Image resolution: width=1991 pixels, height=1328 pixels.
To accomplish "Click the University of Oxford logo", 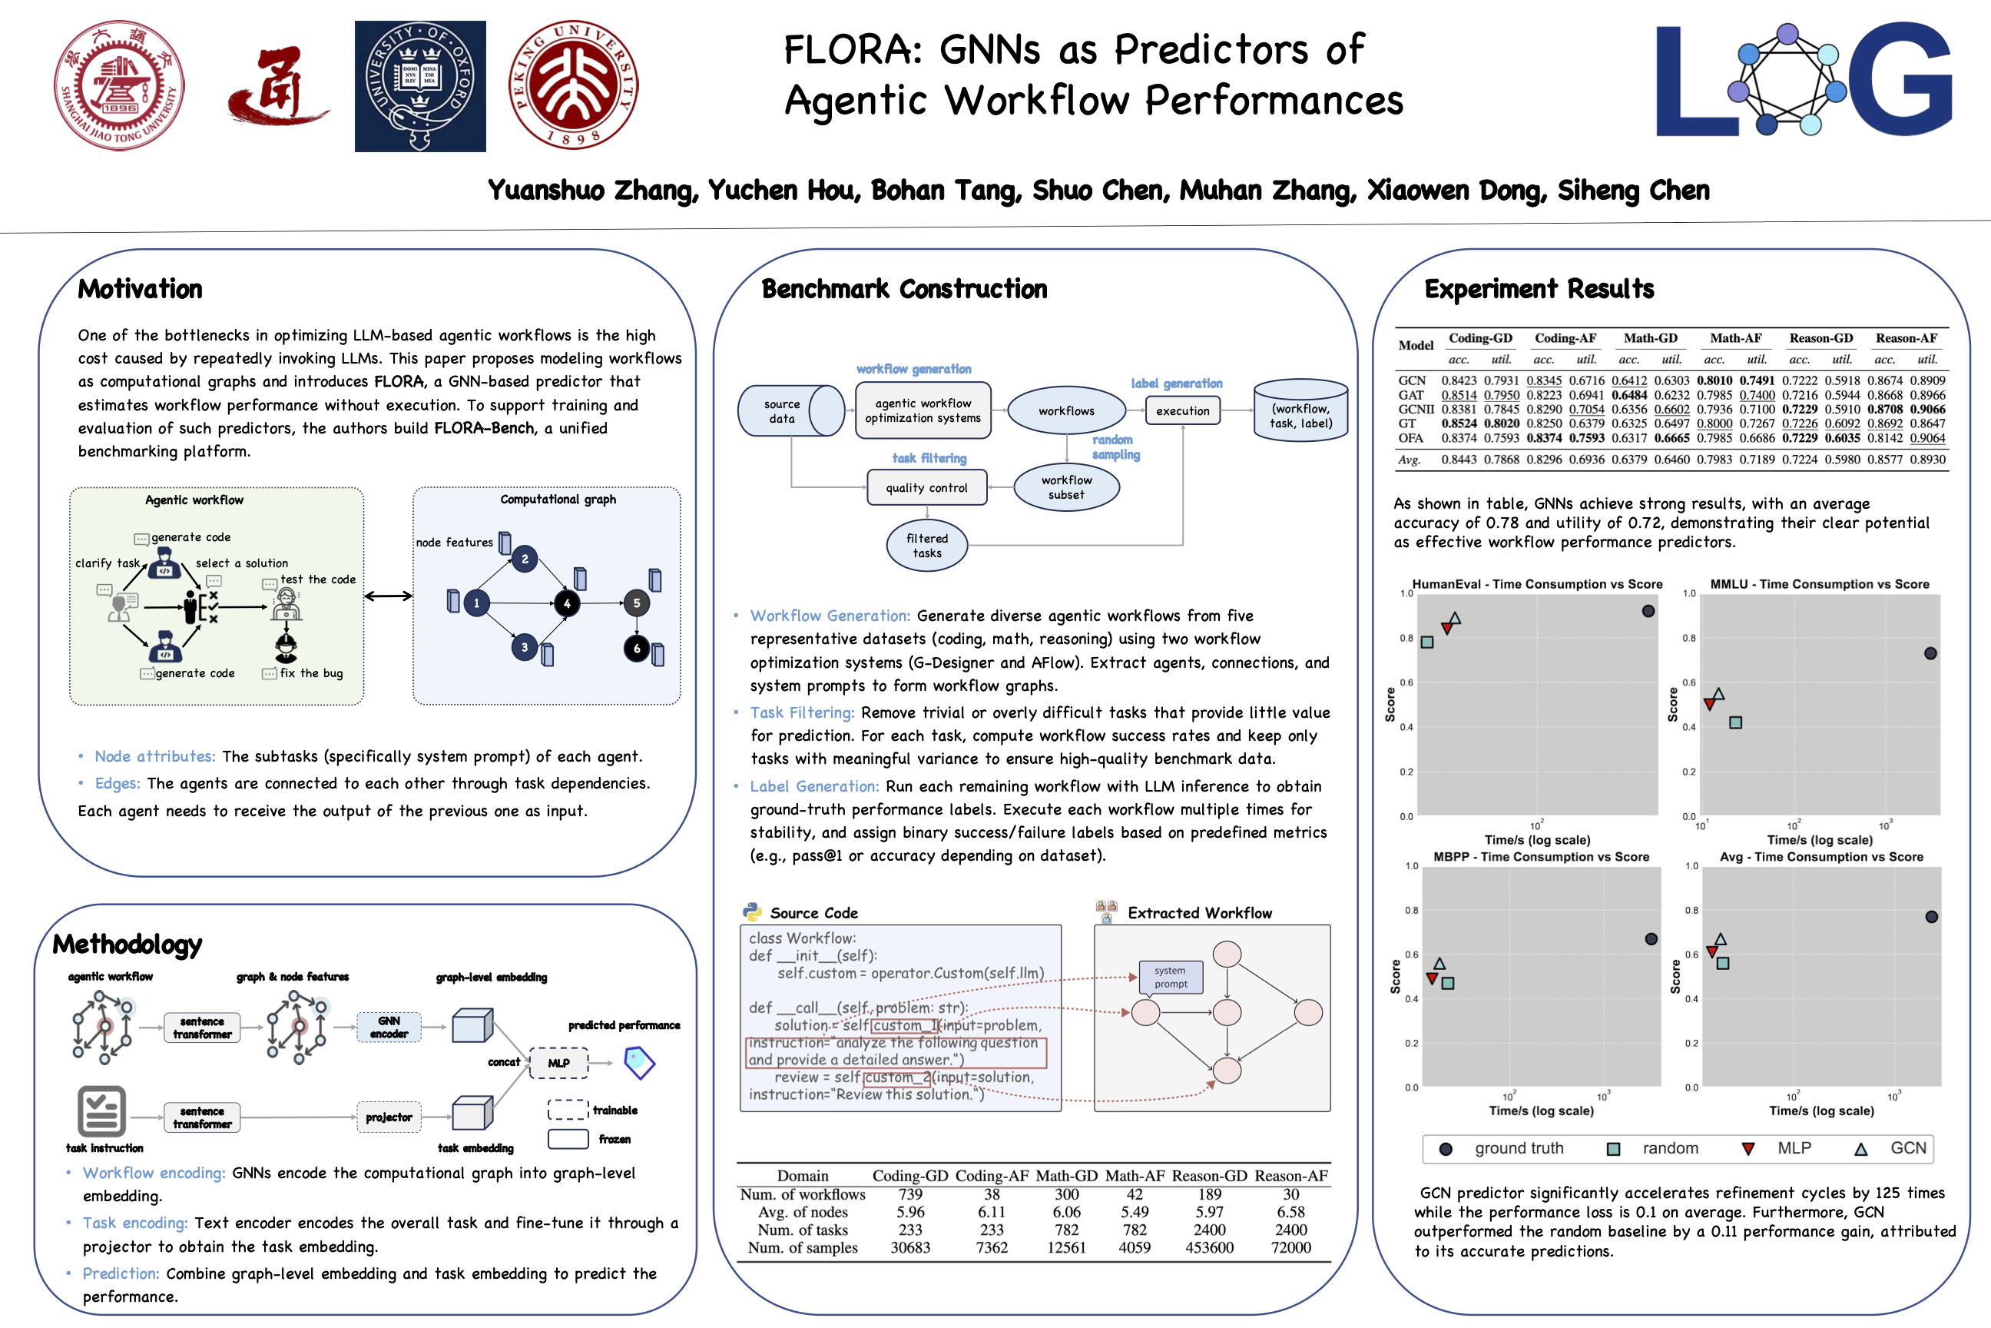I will (x=420, y=86).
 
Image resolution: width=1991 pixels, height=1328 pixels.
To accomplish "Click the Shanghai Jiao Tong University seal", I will (x=119, y=85).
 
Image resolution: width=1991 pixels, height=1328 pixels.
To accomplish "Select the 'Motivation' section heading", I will (x=141, y=290).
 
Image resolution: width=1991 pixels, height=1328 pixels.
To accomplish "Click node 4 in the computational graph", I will (x=567, y=603).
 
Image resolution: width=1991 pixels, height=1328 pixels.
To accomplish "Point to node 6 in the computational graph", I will (x=637, y=649).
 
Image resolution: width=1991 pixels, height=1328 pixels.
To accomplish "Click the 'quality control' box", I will (x=927, y=488).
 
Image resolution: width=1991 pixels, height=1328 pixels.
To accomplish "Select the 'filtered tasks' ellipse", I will (x=927, y=546).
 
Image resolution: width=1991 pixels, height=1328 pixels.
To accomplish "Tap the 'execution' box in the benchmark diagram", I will (x=1183, y=410).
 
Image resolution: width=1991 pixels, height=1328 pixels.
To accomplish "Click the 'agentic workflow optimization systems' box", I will (x=923, y=410).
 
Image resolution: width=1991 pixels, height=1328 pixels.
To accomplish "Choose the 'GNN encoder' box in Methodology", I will (x=389, y=1028).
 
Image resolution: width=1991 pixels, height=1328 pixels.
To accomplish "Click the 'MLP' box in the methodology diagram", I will (x=558, y=1063).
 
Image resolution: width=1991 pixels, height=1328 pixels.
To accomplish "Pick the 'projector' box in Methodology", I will (x=389, y=1118).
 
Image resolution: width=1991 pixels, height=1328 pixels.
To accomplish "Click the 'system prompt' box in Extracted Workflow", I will (x=1171, y=978).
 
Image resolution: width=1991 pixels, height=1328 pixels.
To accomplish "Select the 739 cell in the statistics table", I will (x=910, y=1194).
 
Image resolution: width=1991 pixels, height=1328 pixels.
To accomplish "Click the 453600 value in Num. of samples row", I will (x=1209, y=1247).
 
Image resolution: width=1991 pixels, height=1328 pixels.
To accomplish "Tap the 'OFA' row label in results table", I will (x=1410, y=438).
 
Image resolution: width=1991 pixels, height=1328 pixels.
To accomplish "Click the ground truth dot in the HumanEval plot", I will (x=1648, y=611).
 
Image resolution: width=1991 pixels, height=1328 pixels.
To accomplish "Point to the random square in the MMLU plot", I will (x=1735, y=722).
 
